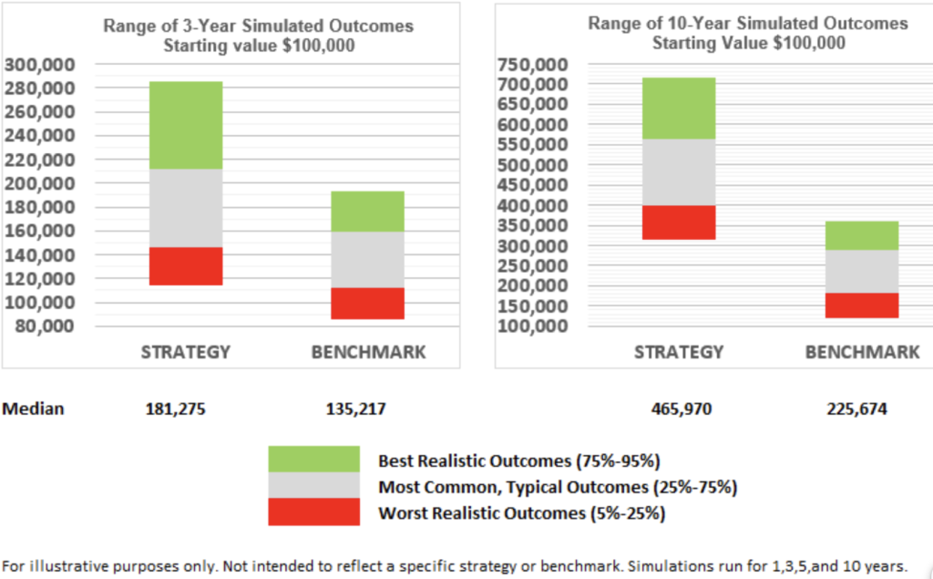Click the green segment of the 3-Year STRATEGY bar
click(186, 125)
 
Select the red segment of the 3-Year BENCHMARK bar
click(367, 304)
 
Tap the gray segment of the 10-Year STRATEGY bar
click(679, 172)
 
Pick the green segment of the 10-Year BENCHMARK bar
click(862, 235)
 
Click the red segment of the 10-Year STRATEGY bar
click(679, 222)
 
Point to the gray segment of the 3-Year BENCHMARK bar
click(367, 259)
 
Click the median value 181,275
click(175, 409)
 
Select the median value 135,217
click(355, 409)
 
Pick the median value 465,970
click(678, 409)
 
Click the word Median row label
click(33, 409)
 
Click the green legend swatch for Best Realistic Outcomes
click(313, 459)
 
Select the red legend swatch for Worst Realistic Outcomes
click(313, 512)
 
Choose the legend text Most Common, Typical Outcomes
click(557, 487)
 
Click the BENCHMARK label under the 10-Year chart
click(862, 352)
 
